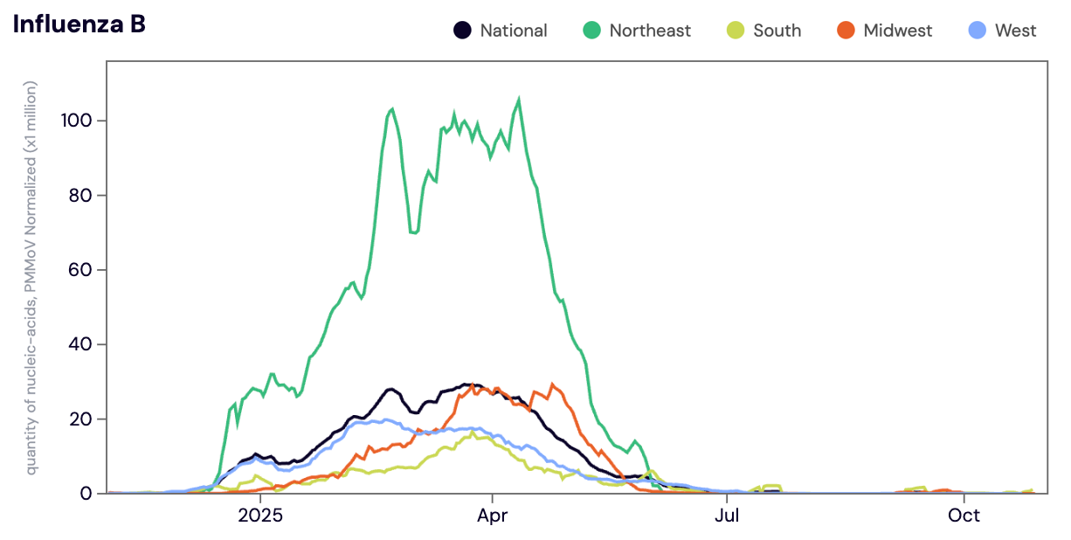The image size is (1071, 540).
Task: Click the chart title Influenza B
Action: [79, 24]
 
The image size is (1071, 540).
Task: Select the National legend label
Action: [513, 31]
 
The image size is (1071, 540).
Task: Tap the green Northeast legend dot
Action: [591, 31]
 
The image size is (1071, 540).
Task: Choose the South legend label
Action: [777, 31]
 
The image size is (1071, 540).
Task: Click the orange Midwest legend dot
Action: [846, 31]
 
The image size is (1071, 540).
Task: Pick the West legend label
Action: [1015, 31]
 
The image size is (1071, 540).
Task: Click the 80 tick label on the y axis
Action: [80, 195]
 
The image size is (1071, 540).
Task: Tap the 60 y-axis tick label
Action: [80, 269]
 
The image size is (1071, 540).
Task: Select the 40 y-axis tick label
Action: [80, 344]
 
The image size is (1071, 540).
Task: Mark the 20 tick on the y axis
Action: [80, 419]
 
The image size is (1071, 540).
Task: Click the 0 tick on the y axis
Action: [86, 494]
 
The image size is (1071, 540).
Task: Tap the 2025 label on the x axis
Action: [260, 516]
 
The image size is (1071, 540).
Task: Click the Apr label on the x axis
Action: [494, 516]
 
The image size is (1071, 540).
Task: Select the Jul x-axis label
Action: [727, 516]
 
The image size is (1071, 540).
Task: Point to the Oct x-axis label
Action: [964, 516]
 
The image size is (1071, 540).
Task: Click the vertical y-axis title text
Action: [31, 278]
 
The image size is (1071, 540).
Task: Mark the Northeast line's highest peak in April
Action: [519, 100]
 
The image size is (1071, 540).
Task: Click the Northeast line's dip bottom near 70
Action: [414, 232]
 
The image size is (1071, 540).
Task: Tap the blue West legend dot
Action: [978, 31]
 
